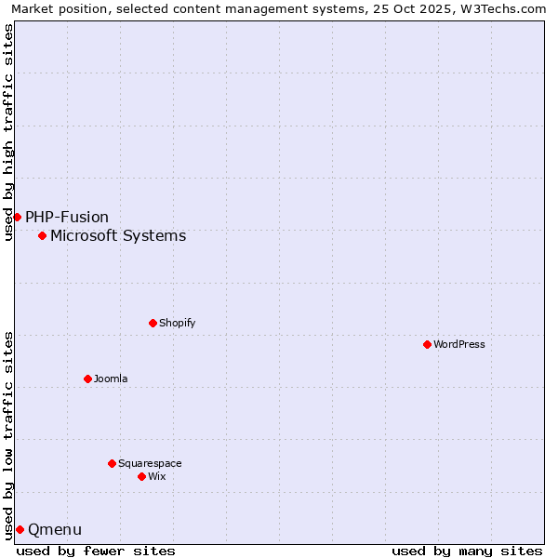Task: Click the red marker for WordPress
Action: (x=427, y=344)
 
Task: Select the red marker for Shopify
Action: (x=153, y=323)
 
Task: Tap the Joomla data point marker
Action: (x=87, y=379)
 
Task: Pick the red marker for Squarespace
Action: (x=112, y=463)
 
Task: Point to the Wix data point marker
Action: (x=141, y=476)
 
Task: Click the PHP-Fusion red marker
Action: (x=17, y=217)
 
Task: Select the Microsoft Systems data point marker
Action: (x=42, y=235)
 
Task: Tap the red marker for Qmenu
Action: (x=20, y=529)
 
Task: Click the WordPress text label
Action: (x=459, y=344)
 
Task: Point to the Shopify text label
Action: (x=177, y=323)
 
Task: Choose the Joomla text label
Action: (x=111, y=379)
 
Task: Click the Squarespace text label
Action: (x=150, y=463)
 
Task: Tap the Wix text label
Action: (x=156, y=476)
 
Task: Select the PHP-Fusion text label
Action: (x=67, y=217)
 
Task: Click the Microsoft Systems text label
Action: (x=118, y=235)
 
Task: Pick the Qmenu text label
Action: (x=55, y=529)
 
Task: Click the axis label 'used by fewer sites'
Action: (x=96, y=551)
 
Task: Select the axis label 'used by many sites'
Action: (x=467, y=551)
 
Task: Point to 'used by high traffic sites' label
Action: (x=8, y=132)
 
